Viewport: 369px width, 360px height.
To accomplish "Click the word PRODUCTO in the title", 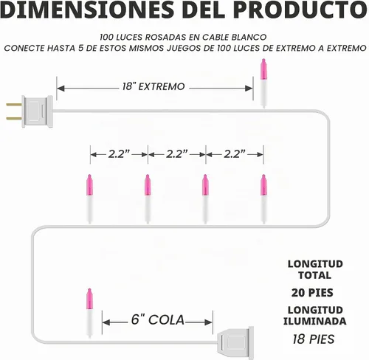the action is click(x=300, y=10).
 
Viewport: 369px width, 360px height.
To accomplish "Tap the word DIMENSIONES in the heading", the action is click(x=87, y=10).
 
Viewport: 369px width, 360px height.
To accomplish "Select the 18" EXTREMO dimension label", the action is click(x=154, y=86).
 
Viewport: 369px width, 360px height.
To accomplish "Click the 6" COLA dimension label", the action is click(x=158, y=319).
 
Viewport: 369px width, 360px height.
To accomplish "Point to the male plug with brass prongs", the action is click(x=30, y=111).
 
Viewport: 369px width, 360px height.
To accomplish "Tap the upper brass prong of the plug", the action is click(x=14, y=105).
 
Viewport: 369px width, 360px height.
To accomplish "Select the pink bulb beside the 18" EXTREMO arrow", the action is click(x=263, y=83).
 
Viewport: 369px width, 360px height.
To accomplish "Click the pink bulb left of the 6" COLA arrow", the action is click(x=89, y=313).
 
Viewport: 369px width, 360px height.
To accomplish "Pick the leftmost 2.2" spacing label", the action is click(x=119, y=154).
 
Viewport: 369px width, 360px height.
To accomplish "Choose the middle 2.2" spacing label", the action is click(x=177, y=154).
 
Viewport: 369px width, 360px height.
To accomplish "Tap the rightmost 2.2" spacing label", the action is click(x=235, y=154).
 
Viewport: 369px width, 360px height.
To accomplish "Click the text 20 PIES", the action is click(x=312, y=293).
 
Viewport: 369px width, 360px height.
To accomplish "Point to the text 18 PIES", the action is click(x=314, y=339).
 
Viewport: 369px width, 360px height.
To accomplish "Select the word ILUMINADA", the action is click(x=314, y=321).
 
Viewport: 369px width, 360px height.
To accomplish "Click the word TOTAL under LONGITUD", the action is click(x=314, y=275).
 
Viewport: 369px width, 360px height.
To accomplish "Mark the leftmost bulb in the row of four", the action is click(x=89, y=199).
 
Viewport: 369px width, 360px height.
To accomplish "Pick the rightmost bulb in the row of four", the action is click(x=263, y=199).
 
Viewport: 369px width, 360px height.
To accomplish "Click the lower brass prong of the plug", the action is click(x=14, y=119).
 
